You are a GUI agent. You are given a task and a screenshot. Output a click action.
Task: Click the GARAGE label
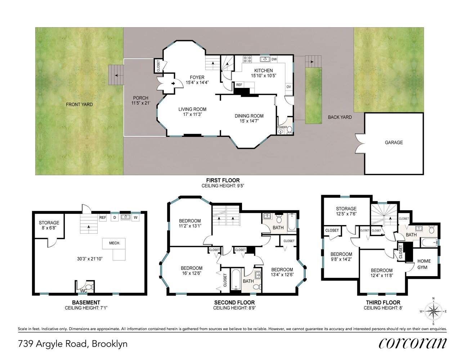point(394,143)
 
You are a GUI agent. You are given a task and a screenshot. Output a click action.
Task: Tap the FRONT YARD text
point(79,104)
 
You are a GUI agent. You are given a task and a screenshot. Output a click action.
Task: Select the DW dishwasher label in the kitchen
point(274,59)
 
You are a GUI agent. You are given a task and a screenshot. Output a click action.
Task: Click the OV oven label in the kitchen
point(289,87)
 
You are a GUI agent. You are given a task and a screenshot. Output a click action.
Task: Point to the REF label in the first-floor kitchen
point(239,85)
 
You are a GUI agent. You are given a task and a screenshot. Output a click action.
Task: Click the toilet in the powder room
point(289,130)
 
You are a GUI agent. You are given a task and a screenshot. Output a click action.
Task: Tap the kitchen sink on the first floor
point(265,59)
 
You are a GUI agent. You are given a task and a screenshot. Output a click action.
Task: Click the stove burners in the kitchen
point(247,59)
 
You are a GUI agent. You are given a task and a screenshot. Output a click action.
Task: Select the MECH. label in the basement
point(115,243)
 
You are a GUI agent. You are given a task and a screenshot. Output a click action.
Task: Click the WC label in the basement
point(84,291)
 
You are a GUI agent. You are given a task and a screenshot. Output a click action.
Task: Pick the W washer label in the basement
point(135,217)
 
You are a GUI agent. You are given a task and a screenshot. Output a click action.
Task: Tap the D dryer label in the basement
point(115,217)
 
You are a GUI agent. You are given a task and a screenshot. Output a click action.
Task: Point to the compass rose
point(433,311)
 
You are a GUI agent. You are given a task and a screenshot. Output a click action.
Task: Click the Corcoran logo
point(413,344)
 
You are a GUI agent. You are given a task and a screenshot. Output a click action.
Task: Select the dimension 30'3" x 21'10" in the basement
point(90,259)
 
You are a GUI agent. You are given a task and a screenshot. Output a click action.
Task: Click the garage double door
point(360,143)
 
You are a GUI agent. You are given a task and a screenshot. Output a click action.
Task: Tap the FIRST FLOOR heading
point(223,180)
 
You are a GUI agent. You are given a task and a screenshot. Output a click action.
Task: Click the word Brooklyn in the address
point(109,344)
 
